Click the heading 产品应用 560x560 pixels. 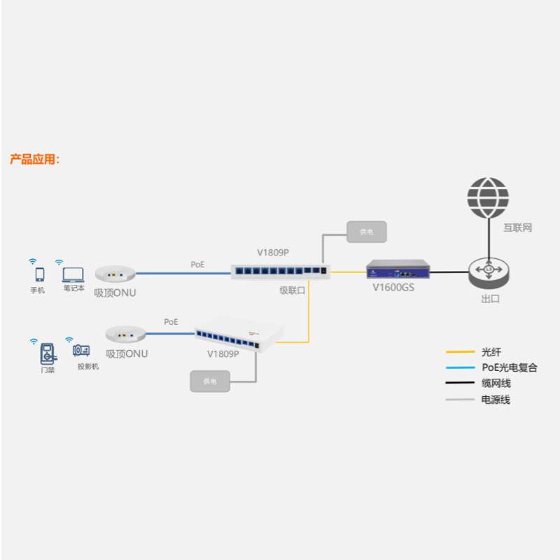coord(35,159)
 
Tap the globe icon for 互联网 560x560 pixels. coord(488,198)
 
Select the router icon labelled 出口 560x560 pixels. coord(489,271)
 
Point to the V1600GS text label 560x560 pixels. coord(393,286)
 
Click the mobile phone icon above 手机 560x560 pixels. coord(39,274)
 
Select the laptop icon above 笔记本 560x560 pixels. coord(73,274)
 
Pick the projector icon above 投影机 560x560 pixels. coord(81,351)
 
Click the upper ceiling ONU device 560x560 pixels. coord(115,272)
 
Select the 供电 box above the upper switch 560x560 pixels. coord(367,231)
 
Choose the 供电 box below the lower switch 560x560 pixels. coord(210,381)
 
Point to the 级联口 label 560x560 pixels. coord(292,290)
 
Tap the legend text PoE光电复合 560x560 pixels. coord(509,367)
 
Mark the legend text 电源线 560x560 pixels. coord(496,400)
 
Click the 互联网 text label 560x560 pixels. coord(518,228)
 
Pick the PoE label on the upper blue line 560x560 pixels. coord(198,265)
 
